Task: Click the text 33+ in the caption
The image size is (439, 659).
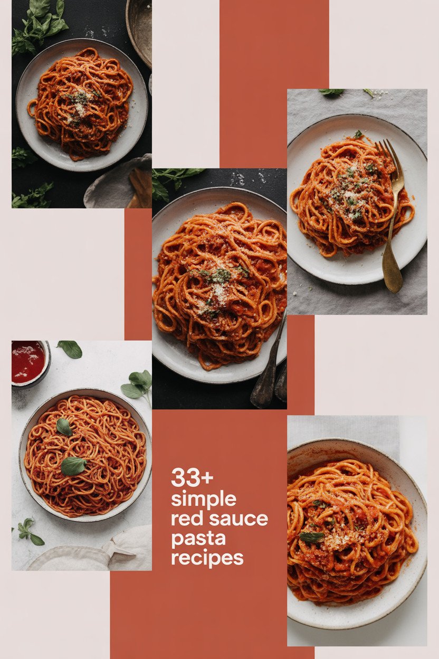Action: pyautogui.click(x=192, y=477)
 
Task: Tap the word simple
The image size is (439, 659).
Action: pyautogui.click(x=204, y=498)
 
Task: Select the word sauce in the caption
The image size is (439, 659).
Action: pyautogui.click(x=238, y=519)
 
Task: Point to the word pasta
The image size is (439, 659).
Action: pyautogui.click(x=198, y=539)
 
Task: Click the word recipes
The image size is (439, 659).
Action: pyautogui.click(x=207, y=558)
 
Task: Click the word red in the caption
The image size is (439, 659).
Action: pyautogui.click(x=188, y=519)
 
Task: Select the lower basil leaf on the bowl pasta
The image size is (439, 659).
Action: pyautogui.click(x=73, y=466)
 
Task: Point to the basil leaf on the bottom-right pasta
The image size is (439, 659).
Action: pyautogui.click(x=312, y=537)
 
